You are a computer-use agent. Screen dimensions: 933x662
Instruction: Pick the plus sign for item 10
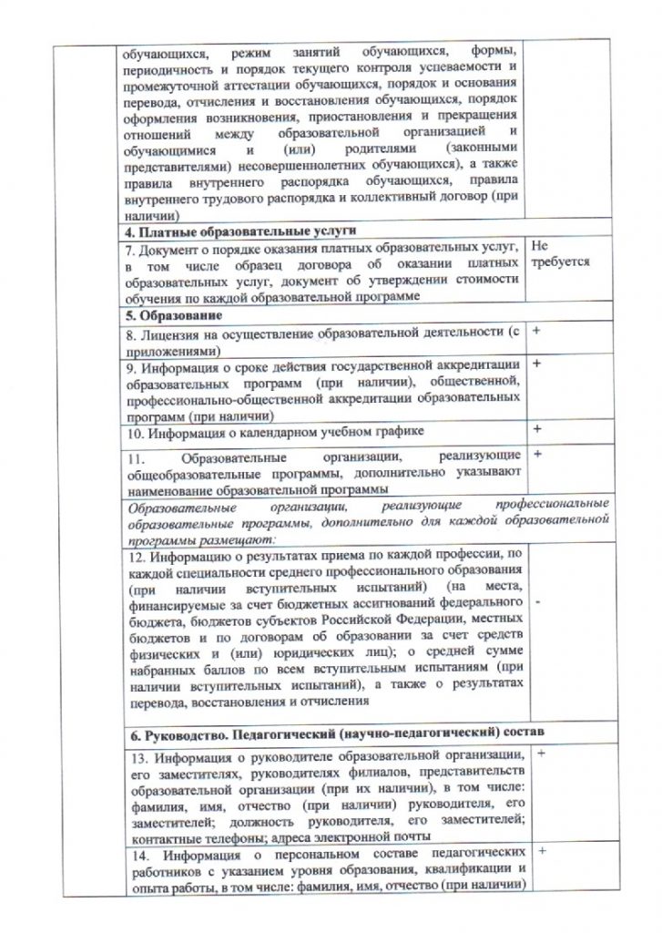click(535, 427)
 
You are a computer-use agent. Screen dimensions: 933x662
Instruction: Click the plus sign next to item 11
click(535, 453)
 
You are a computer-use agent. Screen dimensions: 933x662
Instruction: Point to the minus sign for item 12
click(538, 603)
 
